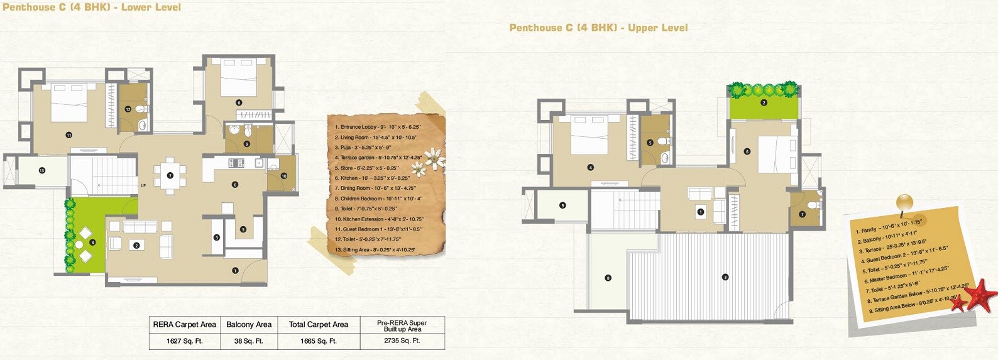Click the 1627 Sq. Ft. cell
[x=184, y=341]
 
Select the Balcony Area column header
[x=249, y=325]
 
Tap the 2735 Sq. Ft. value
[x=402, y=341]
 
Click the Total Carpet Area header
[x=318, y=325]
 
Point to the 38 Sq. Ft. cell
[x=248, y=341]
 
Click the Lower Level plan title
[x=92, y=8]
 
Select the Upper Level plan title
[x=598, y=28]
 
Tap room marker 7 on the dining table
[x=170, y=175]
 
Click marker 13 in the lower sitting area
[x=41, y=170]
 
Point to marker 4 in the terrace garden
[x=92, y=242]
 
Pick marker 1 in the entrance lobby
[x=235, y=271]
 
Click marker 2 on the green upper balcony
[x=764, y=102]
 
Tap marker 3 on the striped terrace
[x=725, y=277]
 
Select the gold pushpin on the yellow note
[x=904, y=202]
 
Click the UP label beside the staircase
[x=143, y=185]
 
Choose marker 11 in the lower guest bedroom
[x=69, y=134]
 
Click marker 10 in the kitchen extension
[x=283, y=176]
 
